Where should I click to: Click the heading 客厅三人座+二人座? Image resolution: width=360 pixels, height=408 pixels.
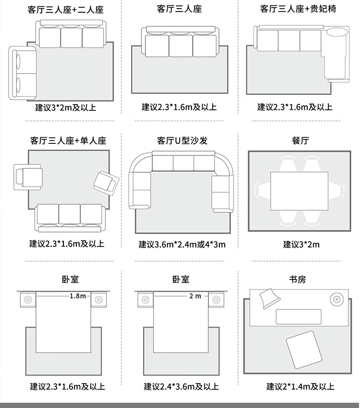[x=66, y=10]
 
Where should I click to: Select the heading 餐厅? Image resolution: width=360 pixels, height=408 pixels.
[x=300, y=140]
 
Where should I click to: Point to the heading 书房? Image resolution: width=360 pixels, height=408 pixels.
[x=297, y=279]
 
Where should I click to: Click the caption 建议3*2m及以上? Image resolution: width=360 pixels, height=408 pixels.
[x=66, y=107]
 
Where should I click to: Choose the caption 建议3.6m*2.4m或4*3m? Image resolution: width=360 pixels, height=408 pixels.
[x=182, y=245]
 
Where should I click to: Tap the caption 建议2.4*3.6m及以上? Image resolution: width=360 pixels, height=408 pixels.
[x=181, y=386]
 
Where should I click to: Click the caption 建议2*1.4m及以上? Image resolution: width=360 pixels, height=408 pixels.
[x=300, y=386]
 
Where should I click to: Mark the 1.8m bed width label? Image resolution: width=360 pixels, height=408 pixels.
[x=77, y=296]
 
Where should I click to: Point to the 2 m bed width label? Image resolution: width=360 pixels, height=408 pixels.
[x=195, y=296]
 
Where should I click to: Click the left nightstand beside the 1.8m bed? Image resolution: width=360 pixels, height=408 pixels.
[x=27, y=300]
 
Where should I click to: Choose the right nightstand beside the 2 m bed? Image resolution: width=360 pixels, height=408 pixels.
[x=216, y=300]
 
